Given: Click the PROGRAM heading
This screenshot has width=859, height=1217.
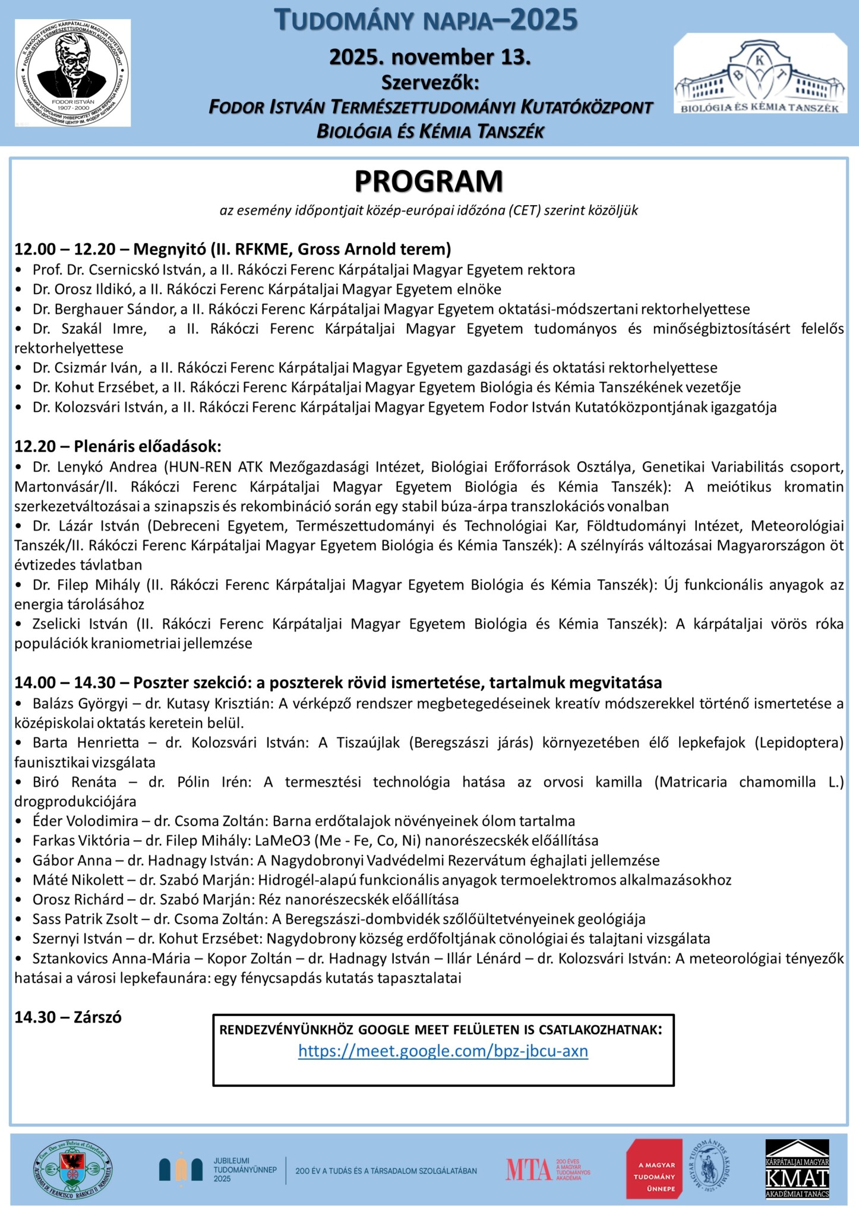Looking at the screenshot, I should click(x=428, y=181).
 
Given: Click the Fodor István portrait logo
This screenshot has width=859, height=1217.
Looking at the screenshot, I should click(x=72, y=72).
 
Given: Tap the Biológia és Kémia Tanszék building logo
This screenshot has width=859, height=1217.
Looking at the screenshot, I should click(x=760, y=74).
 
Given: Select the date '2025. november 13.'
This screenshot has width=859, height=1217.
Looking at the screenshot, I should click(x=429, y=58).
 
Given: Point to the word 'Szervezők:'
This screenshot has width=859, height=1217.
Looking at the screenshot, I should click(x=429, y=82).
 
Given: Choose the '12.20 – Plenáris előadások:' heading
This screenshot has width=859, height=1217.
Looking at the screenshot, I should click(x=118, y=446).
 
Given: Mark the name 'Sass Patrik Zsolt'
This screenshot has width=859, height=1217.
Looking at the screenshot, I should click(x=84, y=919).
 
